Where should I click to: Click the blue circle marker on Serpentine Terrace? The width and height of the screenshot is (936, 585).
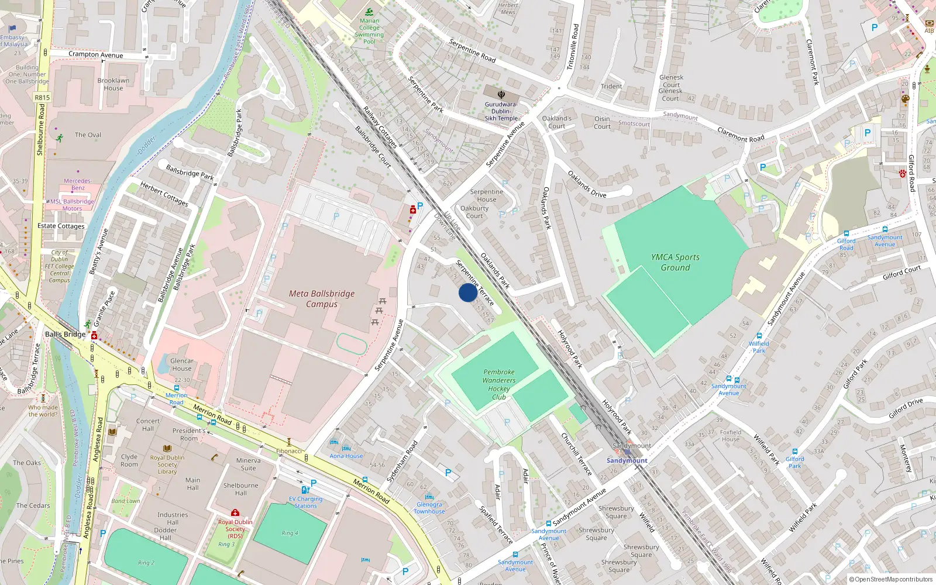point(467,292)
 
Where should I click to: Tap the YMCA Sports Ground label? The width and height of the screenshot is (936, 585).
point(675,262)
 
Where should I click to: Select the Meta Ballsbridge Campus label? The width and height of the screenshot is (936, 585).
point(322,298)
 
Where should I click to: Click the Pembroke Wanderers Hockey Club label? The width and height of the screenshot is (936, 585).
point(498,384)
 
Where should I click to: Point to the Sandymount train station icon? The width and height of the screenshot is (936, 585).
point(627,452)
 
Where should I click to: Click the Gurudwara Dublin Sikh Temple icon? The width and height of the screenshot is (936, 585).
point(501,94)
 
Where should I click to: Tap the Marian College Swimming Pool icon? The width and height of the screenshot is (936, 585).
point(369,12)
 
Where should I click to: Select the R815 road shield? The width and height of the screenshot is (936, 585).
point(42,98)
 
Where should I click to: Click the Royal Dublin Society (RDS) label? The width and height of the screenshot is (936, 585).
point(235,528)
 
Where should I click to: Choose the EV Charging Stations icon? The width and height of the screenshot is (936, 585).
point(304,490)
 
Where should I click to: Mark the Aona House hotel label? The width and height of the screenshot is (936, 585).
point(346,456)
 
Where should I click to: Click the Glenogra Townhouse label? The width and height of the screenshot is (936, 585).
point(429,508)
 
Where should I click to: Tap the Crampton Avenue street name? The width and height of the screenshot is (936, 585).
point(95,54)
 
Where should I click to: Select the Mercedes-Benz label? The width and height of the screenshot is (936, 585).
point(78,184)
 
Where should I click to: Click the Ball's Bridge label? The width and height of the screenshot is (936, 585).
point(65,334)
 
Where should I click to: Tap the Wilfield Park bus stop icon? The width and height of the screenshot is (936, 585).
point(759,336)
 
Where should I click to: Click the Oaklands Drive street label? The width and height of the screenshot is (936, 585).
point(587,184)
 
